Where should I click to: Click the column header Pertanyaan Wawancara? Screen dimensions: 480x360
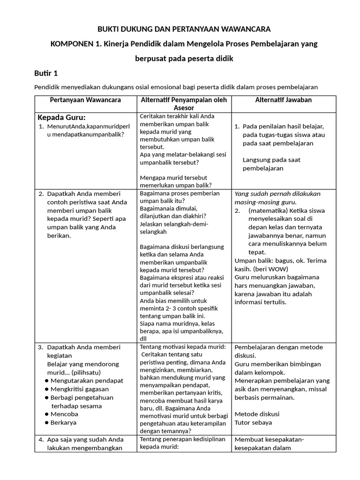(85, 100)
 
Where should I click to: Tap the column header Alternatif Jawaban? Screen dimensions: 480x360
(284, 100)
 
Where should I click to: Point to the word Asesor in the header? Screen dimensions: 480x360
(184, 108)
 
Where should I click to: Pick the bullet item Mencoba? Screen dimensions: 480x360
(64, 414)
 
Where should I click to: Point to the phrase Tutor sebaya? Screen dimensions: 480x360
(253, 423)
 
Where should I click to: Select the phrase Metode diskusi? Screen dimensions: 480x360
(257, 414)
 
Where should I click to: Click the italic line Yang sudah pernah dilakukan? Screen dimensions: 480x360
(277, 194)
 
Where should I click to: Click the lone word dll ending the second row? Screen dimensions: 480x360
(143, 338)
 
